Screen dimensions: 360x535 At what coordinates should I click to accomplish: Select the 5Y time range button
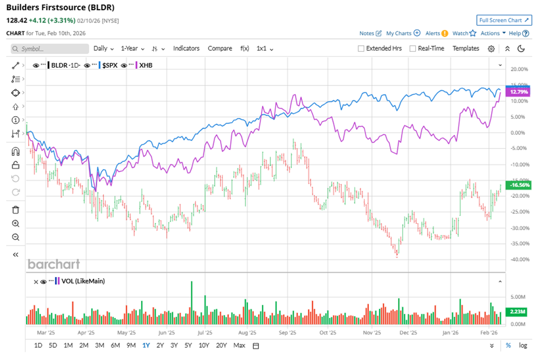tap(188, 345)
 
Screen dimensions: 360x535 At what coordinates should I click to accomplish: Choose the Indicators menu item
tap(186, 49)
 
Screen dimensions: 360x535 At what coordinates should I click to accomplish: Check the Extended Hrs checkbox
tap(361, 49)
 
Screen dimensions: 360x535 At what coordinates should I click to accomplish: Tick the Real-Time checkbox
tap(412, 49)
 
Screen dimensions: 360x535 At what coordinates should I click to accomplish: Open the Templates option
tap(466, 49)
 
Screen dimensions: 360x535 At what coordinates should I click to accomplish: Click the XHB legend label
tap(145, 65)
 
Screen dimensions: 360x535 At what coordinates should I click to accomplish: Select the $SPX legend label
tap(110, 65)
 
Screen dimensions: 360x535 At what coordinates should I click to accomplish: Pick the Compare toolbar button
tap(219, 49)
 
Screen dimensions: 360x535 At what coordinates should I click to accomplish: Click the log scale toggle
tap(523, 345)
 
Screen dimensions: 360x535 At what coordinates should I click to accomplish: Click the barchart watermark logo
tap(53, 264)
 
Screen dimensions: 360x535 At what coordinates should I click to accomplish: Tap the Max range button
tap(239, 345)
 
